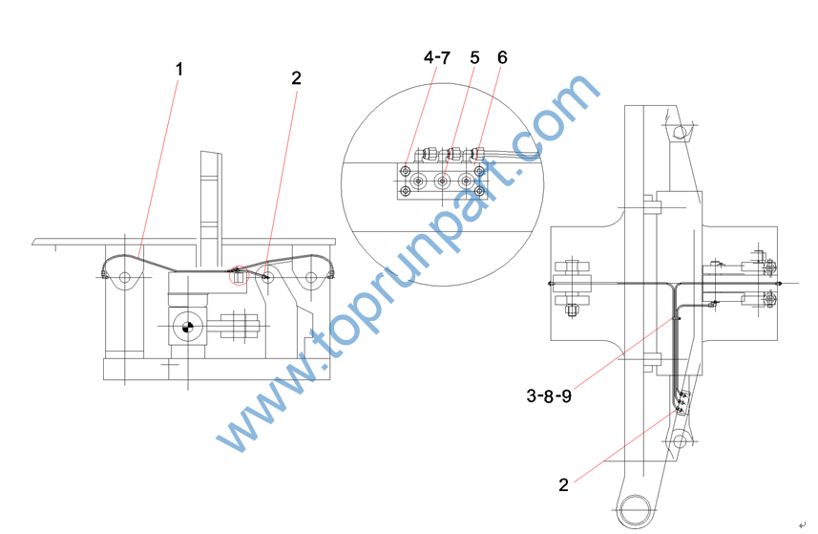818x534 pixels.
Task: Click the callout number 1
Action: point(178,69)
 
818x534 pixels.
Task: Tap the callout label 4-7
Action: point(436,57)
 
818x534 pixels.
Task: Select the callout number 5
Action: point(474,57)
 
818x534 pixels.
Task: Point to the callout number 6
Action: point(502,57)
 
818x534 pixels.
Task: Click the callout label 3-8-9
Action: point(549,395)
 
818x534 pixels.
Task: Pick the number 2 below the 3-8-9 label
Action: point(563,484)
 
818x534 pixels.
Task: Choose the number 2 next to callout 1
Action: point(296,77)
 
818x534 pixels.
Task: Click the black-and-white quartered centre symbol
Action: point(187,328)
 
